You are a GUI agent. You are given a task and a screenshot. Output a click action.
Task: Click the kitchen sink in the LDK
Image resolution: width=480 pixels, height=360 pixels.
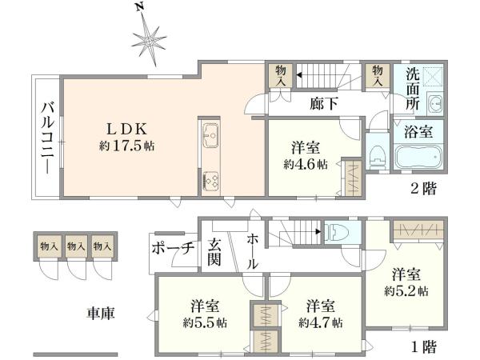pos(210,137)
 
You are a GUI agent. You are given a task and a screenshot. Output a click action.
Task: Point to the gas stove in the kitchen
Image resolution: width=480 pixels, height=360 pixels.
pos(212,180)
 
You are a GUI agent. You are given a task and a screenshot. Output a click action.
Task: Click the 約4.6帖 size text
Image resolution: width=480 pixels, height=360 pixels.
pos(305,164)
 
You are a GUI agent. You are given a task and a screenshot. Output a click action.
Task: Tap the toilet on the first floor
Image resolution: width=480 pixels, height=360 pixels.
pos(337,233)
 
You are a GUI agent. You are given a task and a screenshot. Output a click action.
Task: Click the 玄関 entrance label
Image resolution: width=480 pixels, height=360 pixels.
pos(214,252)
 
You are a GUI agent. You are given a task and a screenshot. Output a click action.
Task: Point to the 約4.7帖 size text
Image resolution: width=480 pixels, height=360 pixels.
pos(321,323)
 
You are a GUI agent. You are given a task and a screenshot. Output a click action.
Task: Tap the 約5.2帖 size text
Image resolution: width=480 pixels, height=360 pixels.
pos(406,290)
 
